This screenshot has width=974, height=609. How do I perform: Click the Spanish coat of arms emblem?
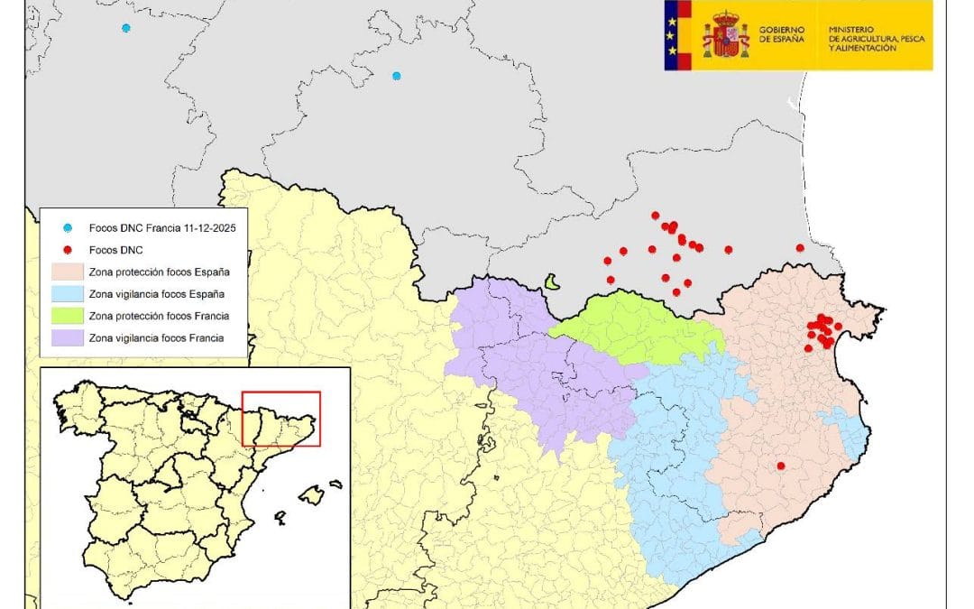pos(726,35)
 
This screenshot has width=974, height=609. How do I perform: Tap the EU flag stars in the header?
pos(671,35)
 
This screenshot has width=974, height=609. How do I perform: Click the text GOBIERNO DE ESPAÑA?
pos(780,35)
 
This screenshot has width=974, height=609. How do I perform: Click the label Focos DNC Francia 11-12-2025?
pos(162,229)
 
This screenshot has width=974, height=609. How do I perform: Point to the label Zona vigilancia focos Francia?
pos(157,338)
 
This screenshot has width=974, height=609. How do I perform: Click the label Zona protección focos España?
pos(160,272)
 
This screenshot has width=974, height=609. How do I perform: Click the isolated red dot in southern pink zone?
pos(781,466)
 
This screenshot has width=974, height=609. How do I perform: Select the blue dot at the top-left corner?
pos(126,28)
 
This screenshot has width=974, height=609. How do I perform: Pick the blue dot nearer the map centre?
pos(396,76)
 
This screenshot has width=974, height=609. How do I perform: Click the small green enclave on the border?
pos(552,282)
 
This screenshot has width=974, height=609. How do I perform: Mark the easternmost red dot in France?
pos(800,248)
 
